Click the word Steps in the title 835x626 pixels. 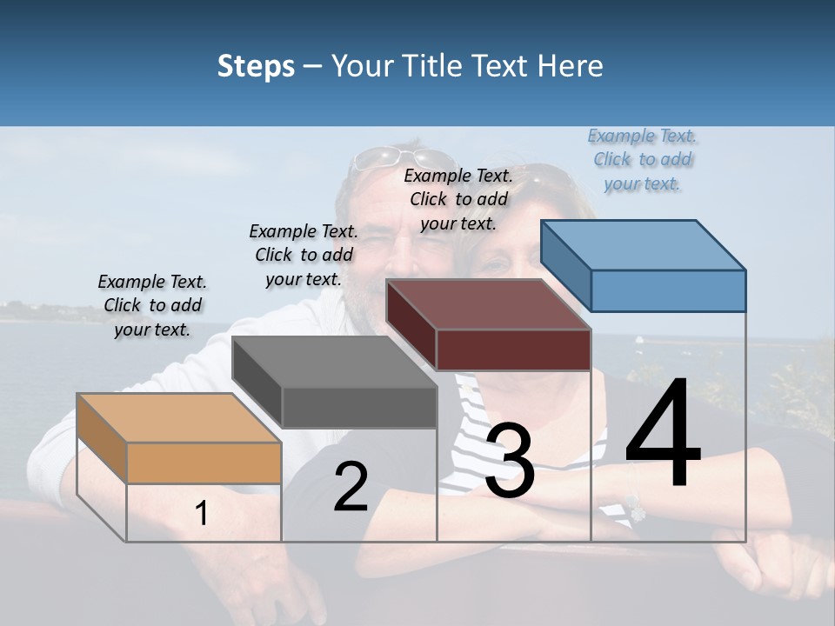[256, 66]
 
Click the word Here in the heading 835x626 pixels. [571, 66]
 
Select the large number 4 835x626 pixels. [663, 435]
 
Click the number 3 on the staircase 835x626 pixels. [510, 462]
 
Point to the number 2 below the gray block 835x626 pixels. [351, 486]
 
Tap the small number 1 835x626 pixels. [202, 513]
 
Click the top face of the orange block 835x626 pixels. [178, 418]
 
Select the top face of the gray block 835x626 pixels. [334, 361]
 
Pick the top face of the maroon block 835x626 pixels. [488, 304]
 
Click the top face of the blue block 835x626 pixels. [644, 244]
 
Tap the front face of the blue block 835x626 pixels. [668, 290]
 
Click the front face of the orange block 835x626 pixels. [204, 463]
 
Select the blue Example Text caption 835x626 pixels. [643, 159]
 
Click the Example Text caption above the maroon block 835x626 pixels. [458, 199]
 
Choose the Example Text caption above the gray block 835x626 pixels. [304, 255]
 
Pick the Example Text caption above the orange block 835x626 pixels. [152, 305]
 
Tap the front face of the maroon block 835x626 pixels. [513, 350]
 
